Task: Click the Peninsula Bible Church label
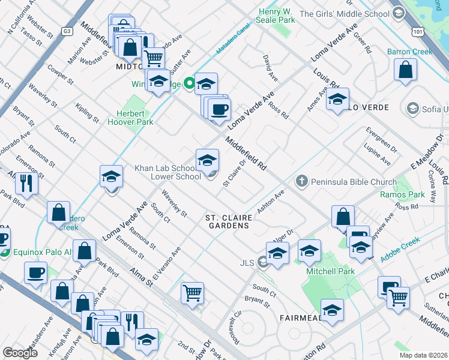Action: click(x=354, y=182)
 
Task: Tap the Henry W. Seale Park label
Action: click(x=277, y=16)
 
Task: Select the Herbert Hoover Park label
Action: click(x=130, y=118)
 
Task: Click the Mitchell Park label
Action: click(x=331, y=271)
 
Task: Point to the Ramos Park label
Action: click(x=402, y=194)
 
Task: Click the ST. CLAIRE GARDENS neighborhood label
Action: click(x=227, y=221)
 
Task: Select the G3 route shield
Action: click(x=67, y=30)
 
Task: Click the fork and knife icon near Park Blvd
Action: click(x=26, y=182)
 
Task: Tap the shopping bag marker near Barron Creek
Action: click(x=406, y=69)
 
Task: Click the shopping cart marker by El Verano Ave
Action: click(x=192, y=293)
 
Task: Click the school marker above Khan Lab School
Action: click(x=207, y=160)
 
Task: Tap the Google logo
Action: click(x=19, y=353)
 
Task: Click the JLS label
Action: click(x=247, y=262)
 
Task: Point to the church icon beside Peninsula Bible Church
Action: click(x=302, y=181)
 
